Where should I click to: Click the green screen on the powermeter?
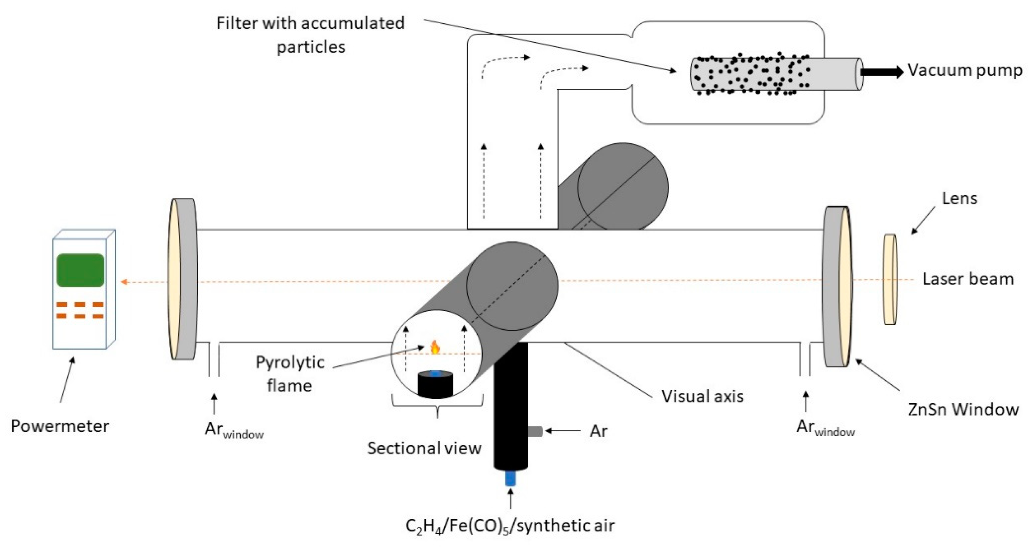80,270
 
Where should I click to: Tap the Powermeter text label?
60,426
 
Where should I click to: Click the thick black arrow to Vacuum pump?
881,72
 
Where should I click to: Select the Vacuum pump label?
965,70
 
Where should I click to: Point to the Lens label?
959,198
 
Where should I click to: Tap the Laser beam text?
967,279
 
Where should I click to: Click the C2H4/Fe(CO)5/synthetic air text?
510,526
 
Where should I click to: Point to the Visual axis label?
703,396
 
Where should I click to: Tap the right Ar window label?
825,428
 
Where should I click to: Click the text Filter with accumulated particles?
310,35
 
